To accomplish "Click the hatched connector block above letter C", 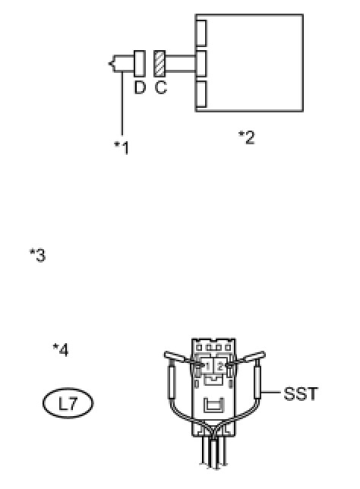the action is coord(159,64).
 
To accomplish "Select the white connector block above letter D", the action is coord(140,64).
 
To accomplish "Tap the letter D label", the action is coord(140,87).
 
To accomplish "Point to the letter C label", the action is coord(161,87).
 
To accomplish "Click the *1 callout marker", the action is coord(122,148).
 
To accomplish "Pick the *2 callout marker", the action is coord(246,137).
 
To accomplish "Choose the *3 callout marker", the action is coord(37,255).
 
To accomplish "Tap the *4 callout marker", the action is coord(61,350).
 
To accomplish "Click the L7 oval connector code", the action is coord(68,403).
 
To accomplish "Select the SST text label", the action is coord(301,394).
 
